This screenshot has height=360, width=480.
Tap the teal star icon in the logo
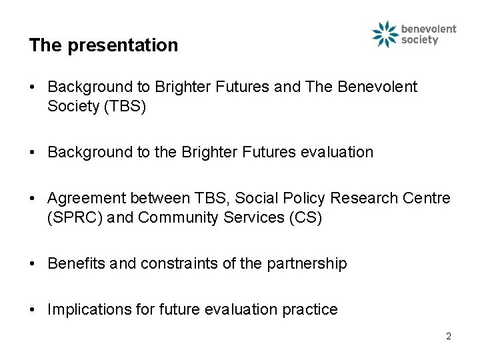[385, 35]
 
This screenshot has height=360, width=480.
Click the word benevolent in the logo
[429, 29]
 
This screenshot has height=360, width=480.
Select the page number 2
[449, 336]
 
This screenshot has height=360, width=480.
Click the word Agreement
[87, 199]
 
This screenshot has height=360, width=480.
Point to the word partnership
[307, 264]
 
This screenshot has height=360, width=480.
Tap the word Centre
[427, 199]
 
